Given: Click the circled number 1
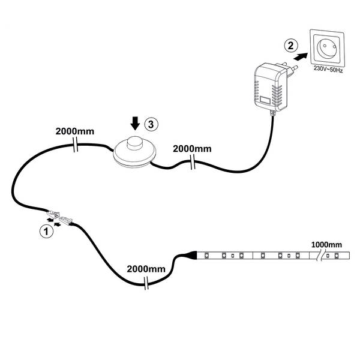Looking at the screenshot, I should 44,230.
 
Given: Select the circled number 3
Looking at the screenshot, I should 152,124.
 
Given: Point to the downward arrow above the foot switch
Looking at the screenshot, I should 136,123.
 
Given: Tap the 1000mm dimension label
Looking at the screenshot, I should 326,244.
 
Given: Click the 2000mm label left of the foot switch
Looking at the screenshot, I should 74,130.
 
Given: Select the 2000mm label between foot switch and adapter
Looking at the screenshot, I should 192,148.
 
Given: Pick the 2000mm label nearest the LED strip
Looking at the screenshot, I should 146,268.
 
